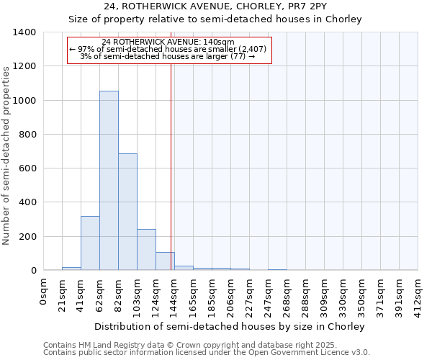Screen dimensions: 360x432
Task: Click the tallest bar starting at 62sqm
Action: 109,180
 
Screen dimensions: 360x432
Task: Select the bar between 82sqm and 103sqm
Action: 127,212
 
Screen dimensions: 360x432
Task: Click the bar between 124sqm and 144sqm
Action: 165,261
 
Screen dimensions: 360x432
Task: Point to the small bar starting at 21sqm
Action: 71,269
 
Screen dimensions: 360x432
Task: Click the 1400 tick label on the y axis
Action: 24,32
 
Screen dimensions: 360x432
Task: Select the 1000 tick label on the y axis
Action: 24,101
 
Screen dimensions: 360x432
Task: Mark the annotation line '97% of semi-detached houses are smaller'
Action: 169,49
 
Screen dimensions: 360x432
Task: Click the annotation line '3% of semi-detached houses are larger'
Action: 169,56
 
